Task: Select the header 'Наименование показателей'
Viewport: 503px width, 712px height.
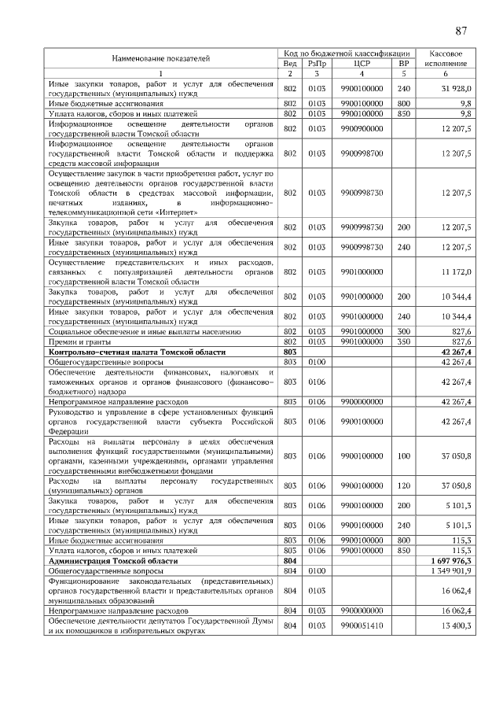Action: (x=161, y=57)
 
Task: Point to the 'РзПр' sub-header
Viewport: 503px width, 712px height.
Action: (x=317, y=62)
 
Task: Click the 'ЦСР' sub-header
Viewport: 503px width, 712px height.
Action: (x=362, y=62)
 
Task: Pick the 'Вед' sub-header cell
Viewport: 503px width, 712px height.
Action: (x=289, y=62)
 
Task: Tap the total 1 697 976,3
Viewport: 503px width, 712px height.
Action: (x=451, y=561)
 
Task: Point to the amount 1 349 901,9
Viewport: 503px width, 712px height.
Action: (x=451, y=571)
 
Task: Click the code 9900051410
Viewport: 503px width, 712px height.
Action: (x=362, y=625)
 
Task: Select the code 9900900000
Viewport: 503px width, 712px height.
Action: (x=362, y=128)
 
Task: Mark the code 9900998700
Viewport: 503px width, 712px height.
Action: (x=362, y=154)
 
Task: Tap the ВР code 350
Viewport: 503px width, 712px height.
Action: (x=404, y=342)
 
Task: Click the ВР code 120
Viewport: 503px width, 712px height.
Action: (x=404, y=485)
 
